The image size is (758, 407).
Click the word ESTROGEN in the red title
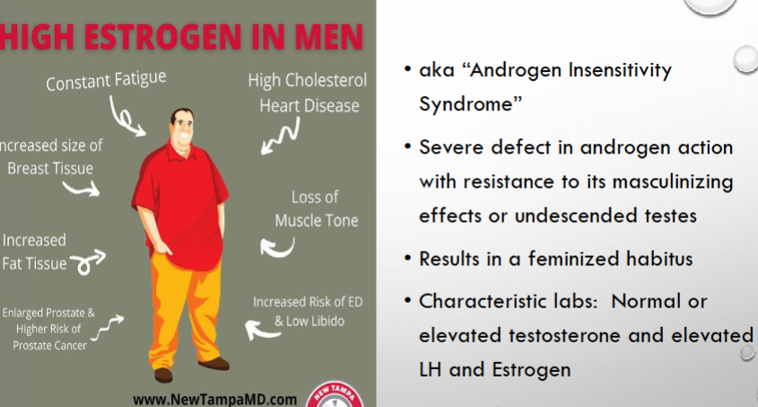(161, 37)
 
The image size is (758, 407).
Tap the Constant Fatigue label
(106, 80)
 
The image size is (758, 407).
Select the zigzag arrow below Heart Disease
(281, 136)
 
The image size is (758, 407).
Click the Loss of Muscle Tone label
(317, 209)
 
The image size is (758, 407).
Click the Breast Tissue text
(50, 168)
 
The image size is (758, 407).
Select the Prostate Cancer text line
(50, 346)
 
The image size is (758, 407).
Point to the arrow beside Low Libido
(262, 330)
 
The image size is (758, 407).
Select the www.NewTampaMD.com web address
(214, 400)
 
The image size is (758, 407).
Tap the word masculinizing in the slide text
(673, 182)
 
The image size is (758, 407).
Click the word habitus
(659, 259)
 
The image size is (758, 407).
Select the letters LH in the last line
(431, 370)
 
